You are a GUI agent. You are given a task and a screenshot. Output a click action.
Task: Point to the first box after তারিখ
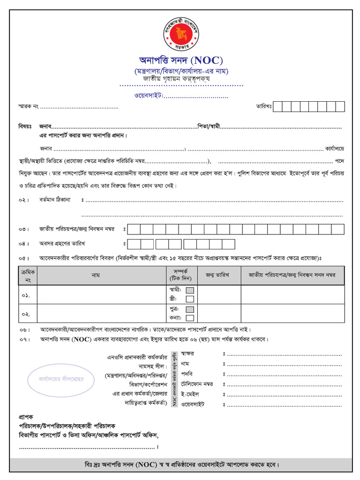click(x=277, y=106)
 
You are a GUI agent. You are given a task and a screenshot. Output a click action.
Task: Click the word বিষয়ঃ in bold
click(x=25, y=127)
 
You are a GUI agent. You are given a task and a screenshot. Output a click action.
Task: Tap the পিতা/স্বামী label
click(x=209, y=127)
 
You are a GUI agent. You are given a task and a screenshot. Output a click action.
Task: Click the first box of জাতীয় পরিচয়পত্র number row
click(x=134, y=229)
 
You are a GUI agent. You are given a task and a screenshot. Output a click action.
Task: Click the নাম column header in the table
click(x=96, y=275)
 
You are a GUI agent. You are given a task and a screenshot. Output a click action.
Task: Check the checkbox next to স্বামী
click(x=190, y=290)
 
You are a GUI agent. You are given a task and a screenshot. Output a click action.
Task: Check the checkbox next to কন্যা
click(x=190, y=318)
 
